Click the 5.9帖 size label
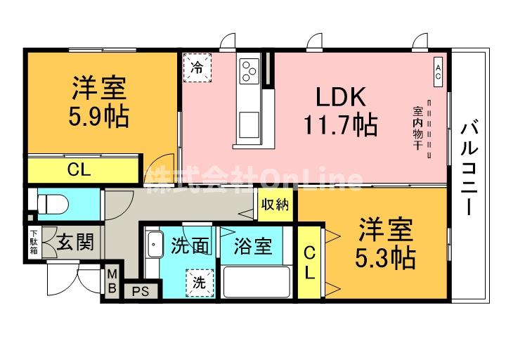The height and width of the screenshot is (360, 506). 99,117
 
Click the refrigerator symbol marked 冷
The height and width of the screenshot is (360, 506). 198,68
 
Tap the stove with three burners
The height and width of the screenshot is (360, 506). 249,70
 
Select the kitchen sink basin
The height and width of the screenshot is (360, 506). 248,127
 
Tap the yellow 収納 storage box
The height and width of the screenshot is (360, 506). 275,205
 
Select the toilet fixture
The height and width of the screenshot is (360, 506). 51,205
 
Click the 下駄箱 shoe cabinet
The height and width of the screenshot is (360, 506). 33,243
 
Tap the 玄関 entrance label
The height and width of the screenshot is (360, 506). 74,243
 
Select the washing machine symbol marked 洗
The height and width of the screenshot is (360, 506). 200,283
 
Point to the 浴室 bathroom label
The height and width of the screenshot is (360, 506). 253,246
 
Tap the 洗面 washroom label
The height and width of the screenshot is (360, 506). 190,246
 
